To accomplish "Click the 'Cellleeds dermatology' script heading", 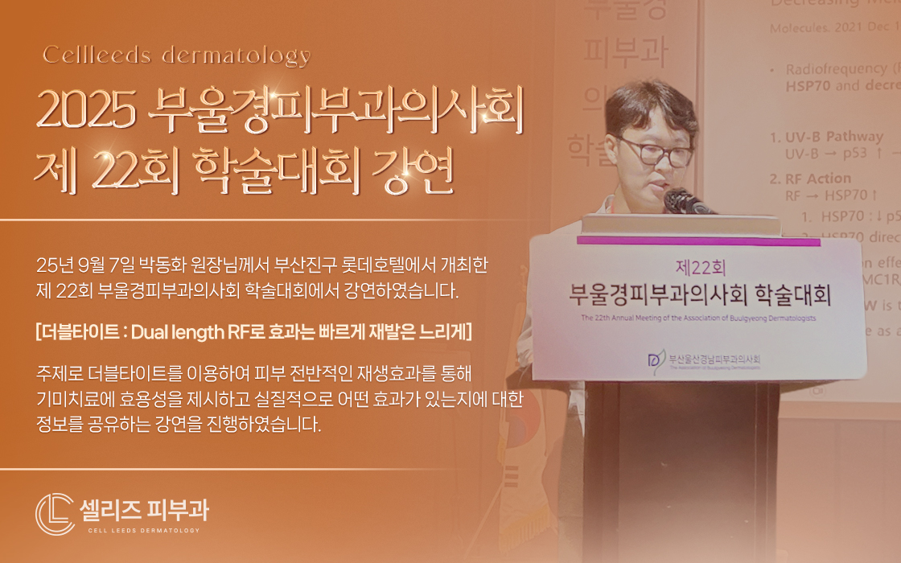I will (176, 55).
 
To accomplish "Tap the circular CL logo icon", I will (55, 513).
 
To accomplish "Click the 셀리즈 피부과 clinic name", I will (144, 509).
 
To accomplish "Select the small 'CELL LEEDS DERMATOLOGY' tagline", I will (144, 531).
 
